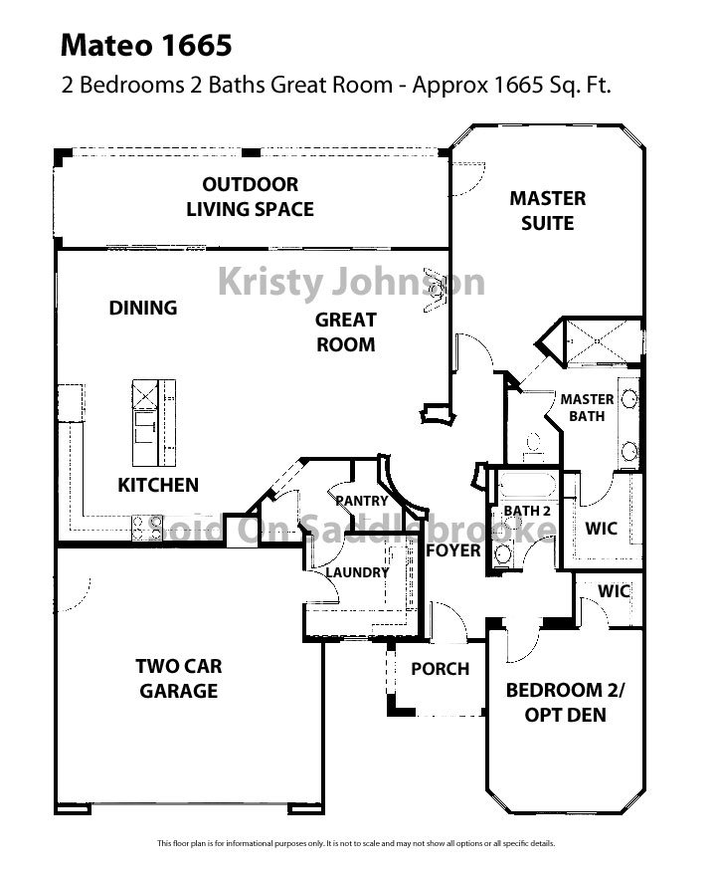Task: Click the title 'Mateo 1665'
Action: tap(146, 45)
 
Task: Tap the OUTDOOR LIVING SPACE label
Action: tap(250, 197)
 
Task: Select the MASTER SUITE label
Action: tap(547, 210)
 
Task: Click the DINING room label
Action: tap(143, 308)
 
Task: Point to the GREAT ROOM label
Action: tap(345, 332)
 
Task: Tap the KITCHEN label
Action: tap(158, 486)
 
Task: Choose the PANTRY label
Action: tap(360, 500)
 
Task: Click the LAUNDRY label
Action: tap(356, 572)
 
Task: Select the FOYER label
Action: tap(453, 550)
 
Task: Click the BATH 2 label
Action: tap(526, 511)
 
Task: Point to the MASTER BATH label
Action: tap(587, 408)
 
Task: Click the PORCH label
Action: tap(440, 669)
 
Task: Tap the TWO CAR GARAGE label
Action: tap(179, 679)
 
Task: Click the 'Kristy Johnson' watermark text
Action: tap(351, 282)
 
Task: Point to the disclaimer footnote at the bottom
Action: tap(356, 844)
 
